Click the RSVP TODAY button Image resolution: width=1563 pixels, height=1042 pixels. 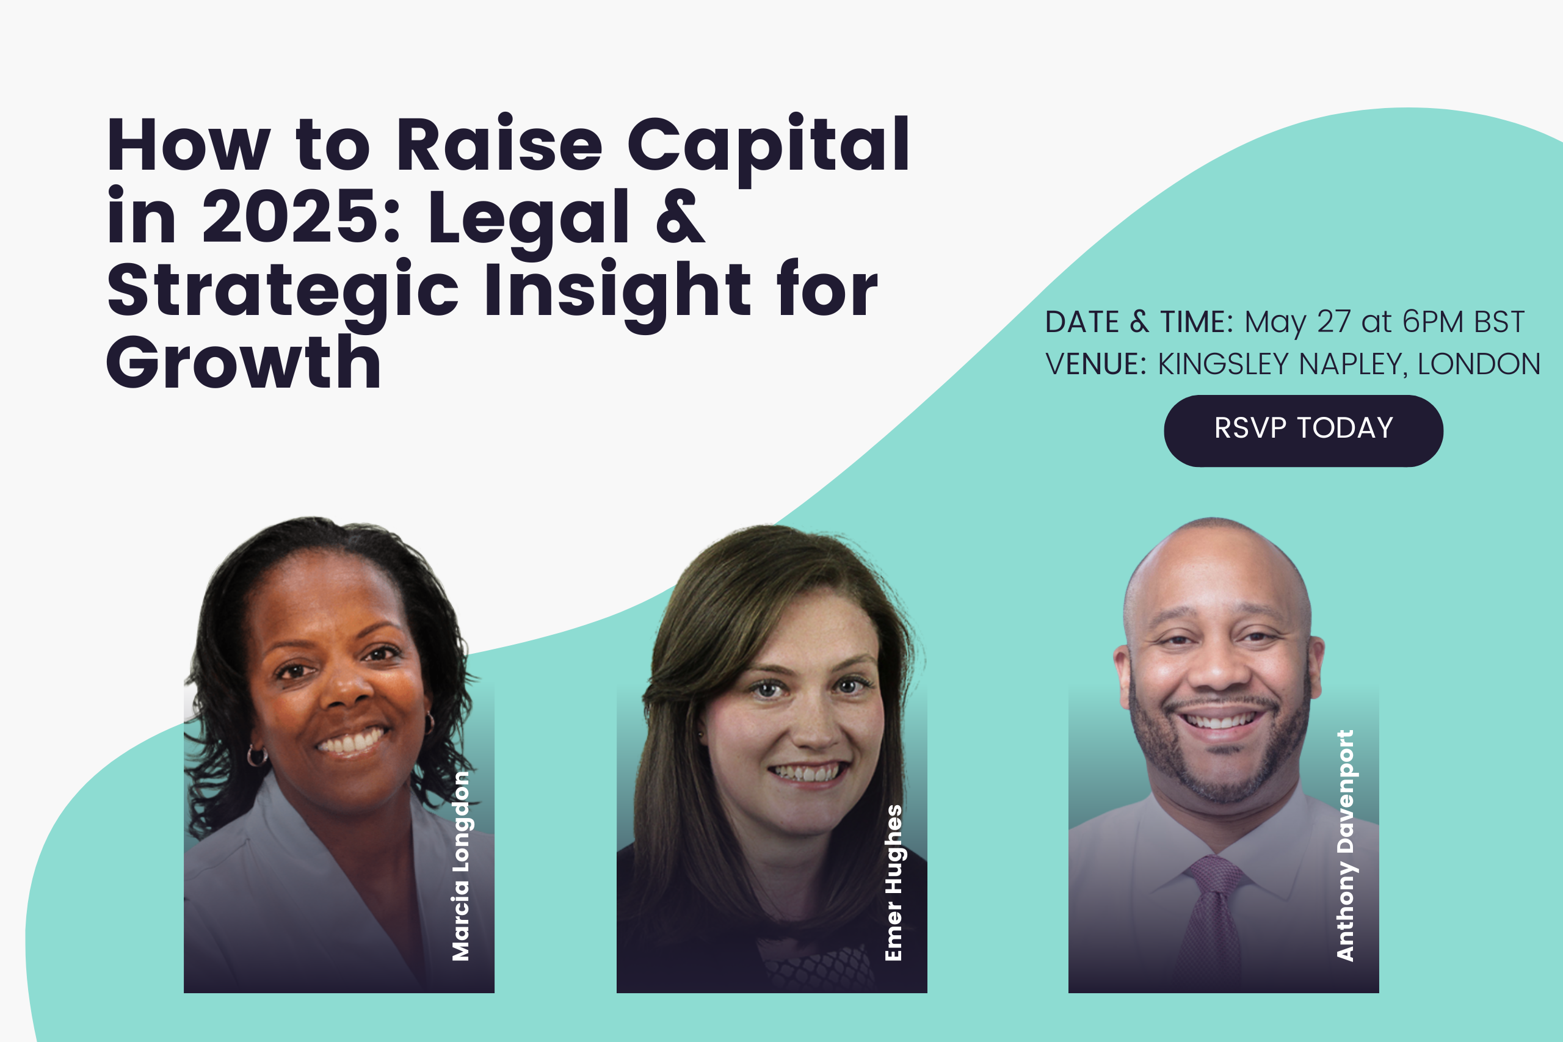[1303, 430]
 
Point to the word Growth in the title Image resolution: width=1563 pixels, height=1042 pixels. [243, 362]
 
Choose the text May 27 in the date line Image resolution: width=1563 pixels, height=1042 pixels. [1298, 323]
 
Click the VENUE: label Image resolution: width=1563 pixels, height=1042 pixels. [1096, 364]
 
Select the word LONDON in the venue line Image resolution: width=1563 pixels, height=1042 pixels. [1479, 364]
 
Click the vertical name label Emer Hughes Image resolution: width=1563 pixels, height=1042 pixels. [893, 883]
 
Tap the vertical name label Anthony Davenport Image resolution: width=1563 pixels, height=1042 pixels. [1345, 845]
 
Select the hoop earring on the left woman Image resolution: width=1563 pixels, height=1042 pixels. [256, 756]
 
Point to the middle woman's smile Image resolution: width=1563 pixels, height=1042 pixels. [808, 772]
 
